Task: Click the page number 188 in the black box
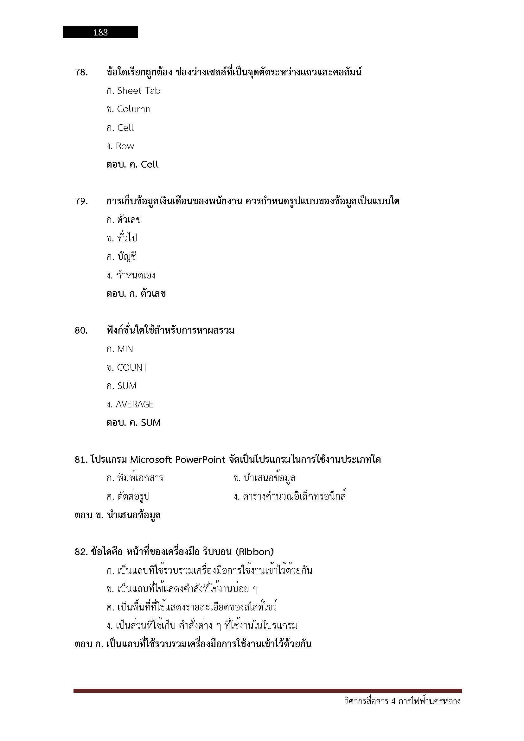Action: click(x=100, y=32)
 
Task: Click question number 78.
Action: click(x=81, y=72)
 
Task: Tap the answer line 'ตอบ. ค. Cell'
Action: click(x=132, y=165)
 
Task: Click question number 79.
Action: click(x=81, y=201)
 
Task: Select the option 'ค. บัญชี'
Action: click(x=121, y=257)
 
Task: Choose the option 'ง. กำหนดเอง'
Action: click(x=131, y=275)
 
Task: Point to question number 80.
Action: click(x=81, y=330)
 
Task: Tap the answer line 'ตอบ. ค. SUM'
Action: click(x=133, y=423)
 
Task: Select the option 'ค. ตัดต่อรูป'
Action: click(x=128, y=496)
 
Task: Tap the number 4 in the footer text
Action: click(x=393, y=701)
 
